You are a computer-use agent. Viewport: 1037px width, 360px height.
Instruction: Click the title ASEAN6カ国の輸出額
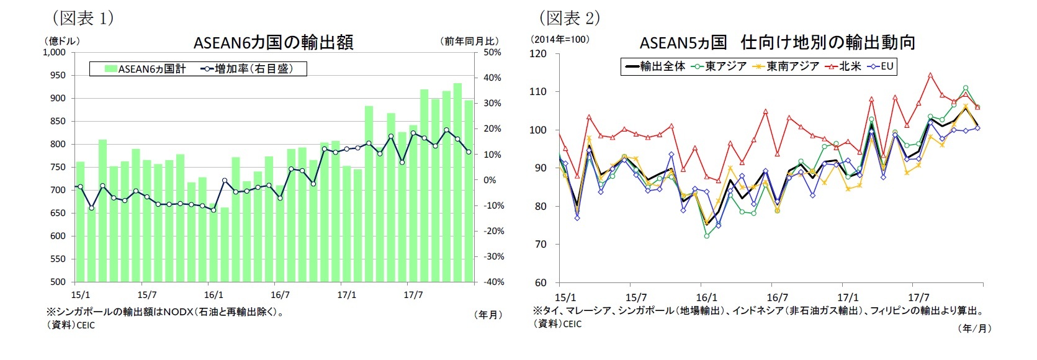pyautogui.click(x=274, y=42)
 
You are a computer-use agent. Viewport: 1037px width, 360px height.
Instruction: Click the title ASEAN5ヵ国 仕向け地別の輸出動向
pyautogui.click(x=778, y=42)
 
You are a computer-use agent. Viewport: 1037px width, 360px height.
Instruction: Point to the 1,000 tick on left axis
pyautogui.click(x=54, y=53)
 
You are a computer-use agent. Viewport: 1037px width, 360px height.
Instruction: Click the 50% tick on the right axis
pyautogui.click(x=492, y=53)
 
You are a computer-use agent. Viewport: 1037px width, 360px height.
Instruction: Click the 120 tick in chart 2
pyautogui.click(x=539, y=54)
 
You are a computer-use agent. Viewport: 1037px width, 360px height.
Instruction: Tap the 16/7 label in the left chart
pyautogui.click(x=280, y=295)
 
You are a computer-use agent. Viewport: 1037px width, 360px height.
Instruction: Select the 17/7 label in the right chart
pyautogui.click(x=918, y=298)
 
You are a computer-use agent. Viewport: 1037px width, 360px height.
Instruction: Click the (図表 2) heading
pyautogui.click(x=568, y=17)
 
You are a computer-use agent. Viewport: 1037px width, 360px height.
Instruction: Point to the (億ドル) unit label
pyautogui.click(x=63, y=41)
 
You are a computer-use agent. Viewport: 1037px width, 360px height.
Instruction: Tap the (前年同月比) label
pyautogui.click(x=470, y=41)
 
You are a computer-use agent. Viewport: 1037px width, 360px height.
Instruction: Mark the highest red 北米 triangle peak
pyautogui.click(x=930, y=76)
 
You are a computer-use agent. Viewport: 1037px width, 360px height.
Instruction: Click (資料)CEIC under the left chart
pyautogui.click(x=70, y=325)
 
